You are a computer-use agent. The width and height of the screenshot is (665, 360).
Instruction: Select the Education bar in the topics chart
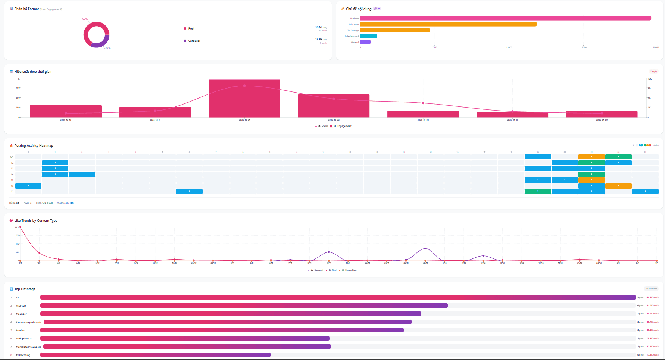click(x=448, y=24)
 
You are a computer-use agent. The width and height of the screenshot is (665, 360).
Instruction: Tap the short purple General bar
click(x=365, y=42)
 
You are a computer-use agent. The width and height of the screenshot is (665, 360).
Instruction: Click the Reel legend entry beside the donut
click(x=191, y=28)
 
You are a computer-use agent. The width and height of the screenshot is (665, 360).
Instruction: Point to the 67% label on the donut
click(x=85, y=19)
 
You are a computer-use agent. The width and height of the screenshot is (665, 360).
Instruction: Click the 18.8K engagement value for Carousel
click(x=319, y=39)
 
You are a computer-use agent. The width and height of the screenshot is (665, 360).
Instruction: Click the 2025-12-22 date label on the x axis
click(x=334, y=120)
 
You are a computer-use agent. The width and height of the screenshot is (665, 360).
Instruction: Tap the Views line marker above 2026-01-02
click(x=423, y=103)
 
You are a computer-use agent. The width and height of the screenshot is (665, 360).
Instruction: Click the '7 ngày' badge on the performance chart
click(x=653, y=71)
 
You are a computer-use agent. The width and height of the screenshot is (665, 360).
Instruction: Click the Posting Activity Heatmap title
click(x=34, y=146)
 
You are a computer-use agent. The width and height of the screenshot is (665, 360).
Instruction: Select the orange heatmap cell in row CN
click(x=591, y=157)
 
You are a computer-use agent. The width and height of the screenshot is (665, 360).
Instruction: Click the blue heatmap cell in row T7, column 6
click(x=189, y=192)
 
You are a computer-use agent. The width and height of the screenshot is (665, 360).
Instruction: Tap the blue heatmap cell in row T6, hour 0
click(x=28, y=186)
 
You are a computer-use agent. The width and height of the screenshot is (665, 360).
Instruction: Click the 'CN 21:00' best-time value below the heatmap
click(x=47, y=203)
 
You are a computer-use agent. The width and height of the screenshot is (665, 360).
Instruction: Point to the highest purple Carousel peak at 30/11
click(x=425, y=248)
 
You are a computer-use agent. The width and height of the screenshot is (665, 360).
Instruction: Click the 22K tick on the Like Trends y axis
click(x=17, y=227)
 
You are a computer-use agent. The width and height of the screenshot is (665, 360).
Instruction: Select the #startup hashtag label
click(x=21, y=306)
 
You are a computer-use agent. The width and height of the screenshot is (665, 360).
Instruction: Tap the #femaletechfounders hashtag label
click(x=28, y=347)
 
